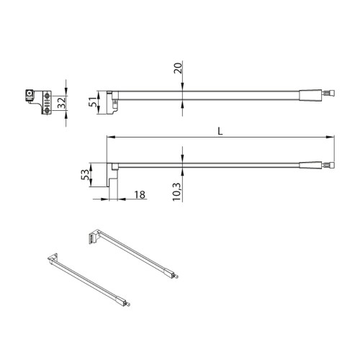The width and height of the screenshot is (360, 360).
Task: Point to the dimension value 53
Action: [84, 176]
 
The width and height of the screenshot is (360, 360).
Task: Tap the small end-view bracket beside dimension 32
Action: [37, 99]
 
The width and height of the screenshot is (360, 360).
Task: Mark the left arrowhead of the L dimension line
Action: [109, 137]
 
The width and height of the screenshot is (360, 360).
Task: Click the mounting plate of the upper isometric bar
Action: [91, 235]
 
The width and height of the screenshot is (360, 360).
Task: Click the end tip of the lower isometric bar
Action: [127, 305]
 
